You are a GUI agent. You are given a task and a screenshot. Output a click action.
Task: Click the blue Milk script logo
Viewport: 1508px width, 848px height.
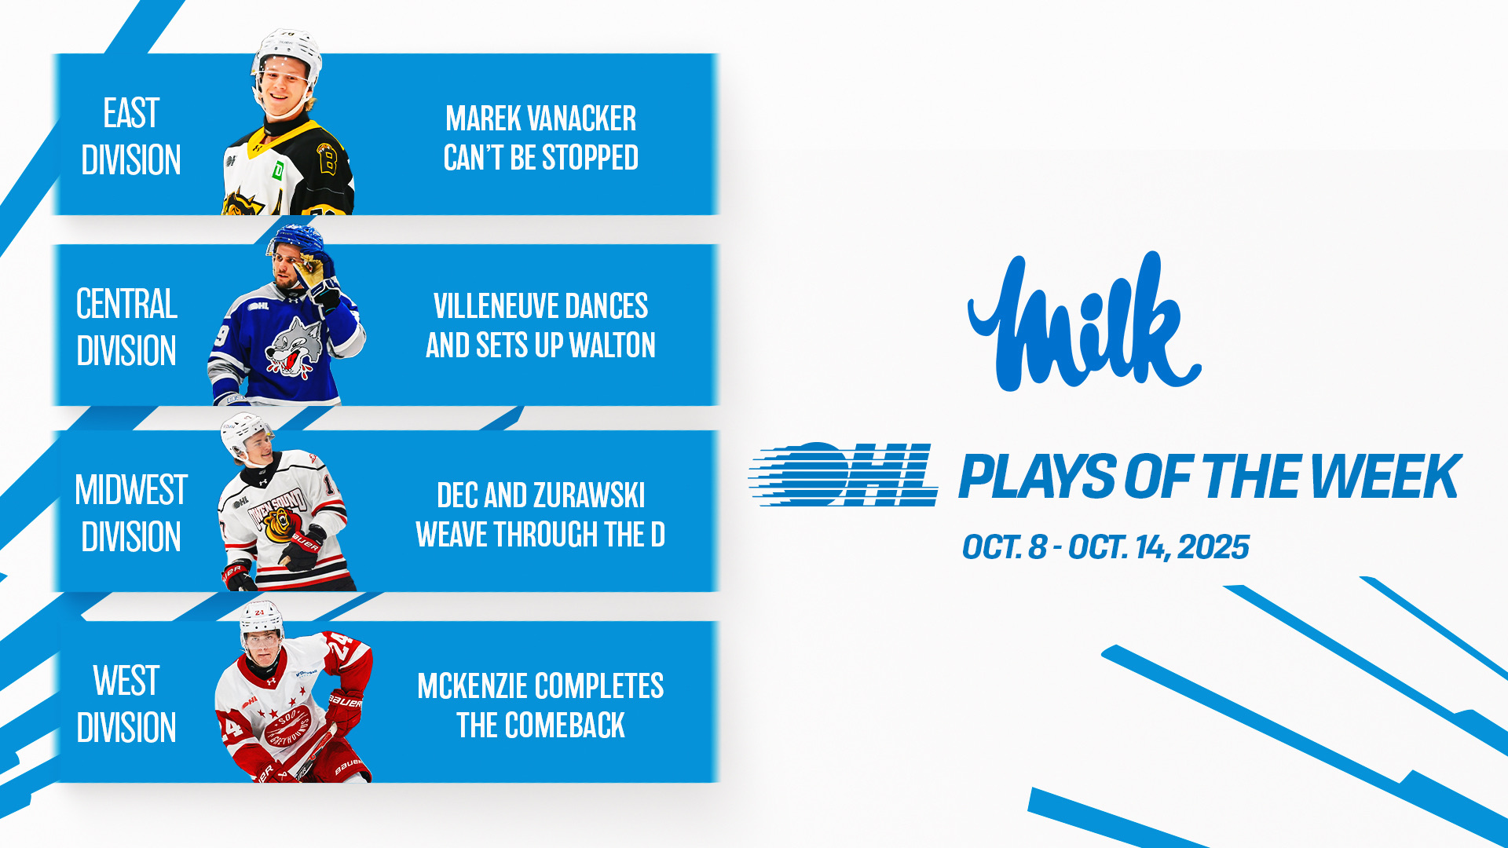(1084, 322)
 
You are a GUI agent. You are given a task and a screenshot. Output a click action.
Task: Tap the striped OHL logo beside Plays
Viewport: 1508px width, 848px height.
(843, 473)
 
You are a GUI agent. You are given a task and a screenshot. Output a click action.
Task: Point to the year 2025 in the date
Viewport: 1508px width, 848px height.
(1213, 547)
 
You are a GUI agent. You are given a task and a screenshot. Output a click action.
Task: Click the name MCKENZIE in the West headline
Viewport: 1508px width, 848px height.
(474, 686)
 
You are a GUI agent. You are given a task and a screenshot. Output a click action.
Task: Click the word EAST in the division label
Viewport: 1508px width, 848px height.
(131, 113)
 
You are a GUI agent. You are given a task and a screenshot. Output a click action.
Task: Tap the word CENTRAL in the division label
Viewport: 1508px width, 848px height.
(126, 304)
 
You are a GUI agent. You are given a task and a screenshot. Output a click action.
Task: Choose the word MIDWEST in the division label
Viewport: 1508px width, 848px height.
(131, 490)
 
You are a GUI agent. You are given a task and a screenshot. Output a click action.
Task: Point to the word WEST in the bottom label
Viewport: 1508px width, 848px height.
(126, 681)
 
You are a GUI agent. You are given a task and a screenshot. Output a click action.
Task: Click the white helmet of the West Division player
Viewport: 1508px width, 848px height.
(262, 618)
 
